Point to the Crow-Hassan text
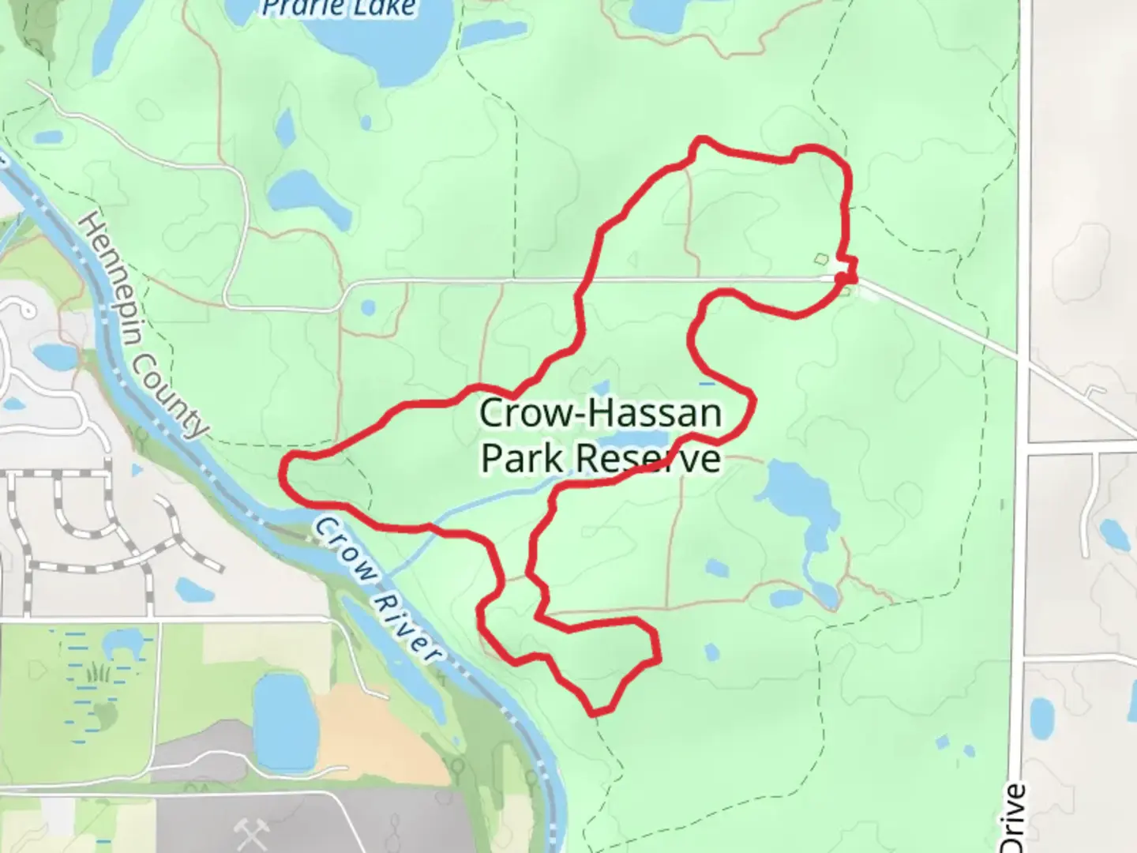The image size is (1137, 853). click(x=600, y=413)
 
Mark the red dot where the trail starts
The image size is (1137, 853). click(x=843, y=277)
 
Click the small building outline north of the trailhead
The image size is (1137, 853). click(x=821, y=258)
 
